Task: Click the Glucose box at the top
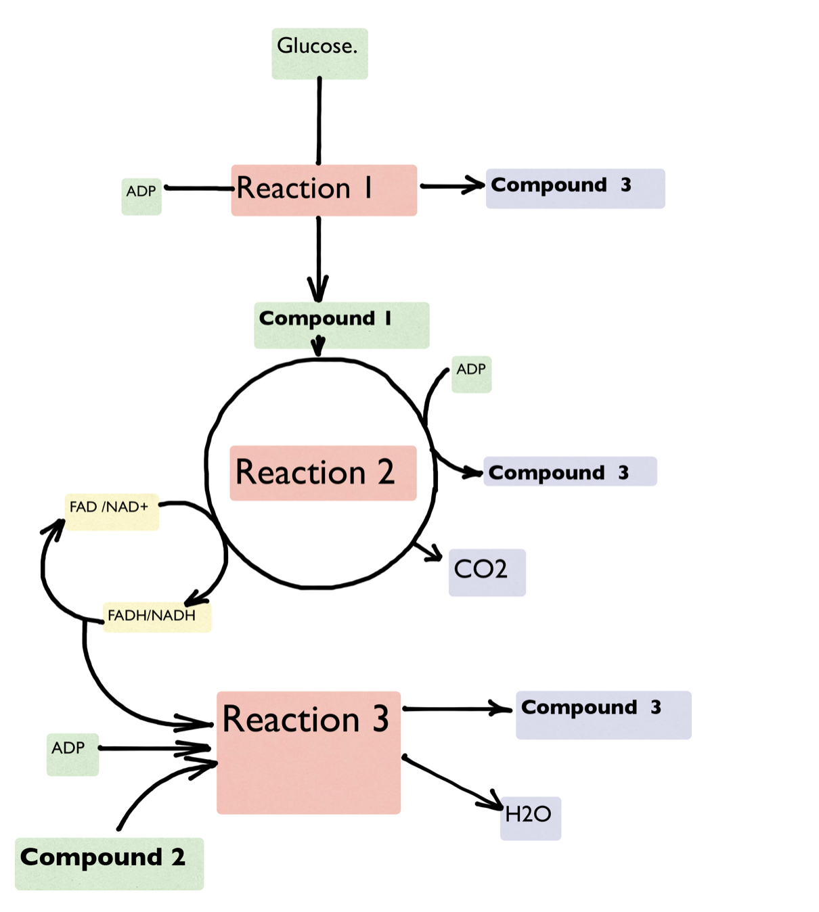pos(319,53)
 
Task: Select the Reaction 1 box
pos(324,190)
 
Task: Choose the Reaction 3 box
pos(309,752)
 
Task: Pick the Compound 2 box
pos(109,863)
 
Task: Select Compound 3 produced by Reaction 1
pos(575,188)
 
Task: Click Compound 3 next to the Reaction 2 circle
pos(570,472)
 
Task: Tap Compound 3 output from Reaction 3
pos(603,714)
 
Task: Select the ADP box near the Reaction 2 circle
pos(471,374)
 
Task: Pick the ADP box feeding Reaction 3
pos(72,754)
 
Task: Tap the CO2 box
pos(487,572)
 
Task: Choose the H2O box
pos(530,818)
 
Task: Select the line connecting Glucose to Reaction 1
pos(319,122)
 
